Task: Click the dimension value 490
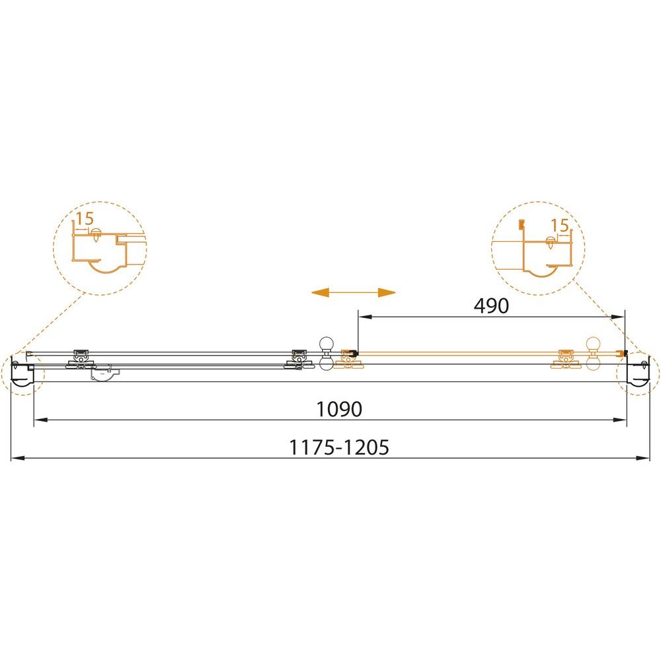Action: [x=491, y=305]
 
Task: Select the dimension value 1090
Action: [x=339, y=409]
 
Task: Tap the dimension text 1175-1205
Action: [x=339, y=447]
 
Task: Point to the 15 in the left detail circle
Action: [x=85, y=218]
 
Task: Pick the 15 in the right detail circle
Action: [x=561, y=225]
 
